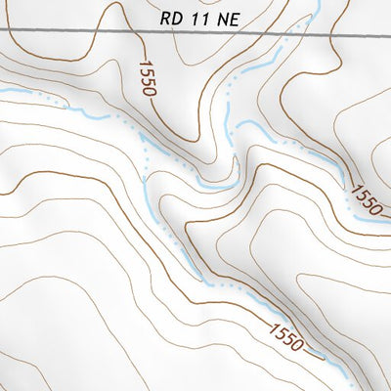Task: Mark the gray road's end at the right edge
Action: coord(389,35)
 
